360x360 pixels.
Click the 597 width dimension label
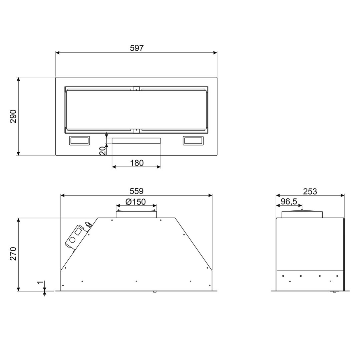[x=136, y=48]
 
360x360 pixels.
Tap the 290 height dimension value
[x=13, y=116]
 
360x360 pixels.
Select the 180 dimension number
[x=137, y=163]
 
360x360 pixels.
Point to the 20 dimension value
[x=103, y=150]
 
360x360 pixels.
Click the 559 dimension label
[x=136, y=191]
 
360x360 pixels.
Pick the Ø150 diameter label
[x=136, y=202]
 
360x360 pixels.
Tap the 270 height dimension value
[x=13, y=254]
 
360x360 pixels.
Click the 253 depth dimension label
[x=310, y=191]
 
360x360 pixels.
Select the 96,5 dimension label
[x=289, y=202]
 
